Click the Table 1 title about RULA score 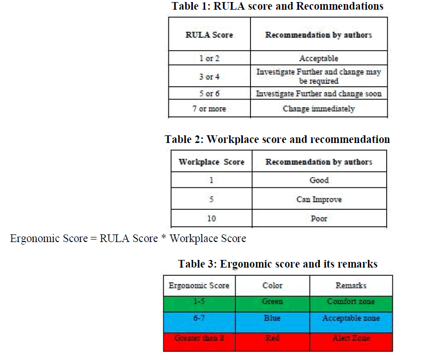[x=278, y=7]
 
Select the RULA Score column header [x=209, y=35]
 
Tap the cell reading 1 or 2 [x=209, y=58]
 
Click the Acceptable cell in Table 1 [x=318, y=58]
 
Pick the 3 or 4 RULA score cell [x=209, y=77]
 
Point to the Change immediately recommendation [x=318, y=108]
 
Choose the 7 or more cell [x=209, y=108]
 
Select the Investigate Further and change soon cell [x=318, y=93]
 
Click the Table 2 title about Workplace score [x=277, y=139]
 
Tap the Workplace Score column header [x=211, y=162]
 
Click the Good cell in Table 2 [x=319, y=180]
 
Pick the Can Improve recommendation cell [x=319, y=199]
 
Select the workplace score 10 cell [x=211, y=219]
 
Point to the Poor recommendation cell [x=319, y=219]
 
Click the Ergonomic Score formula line [x=128, y=238]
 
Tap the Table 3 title [x=278, y=264]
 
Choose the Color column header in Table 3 [x=272, y=285]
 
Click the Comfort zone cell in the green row [x=351, y=301]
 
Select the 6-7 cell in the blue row [x=199, y=318]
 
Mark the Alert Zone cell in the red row [x=351, y=338]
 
